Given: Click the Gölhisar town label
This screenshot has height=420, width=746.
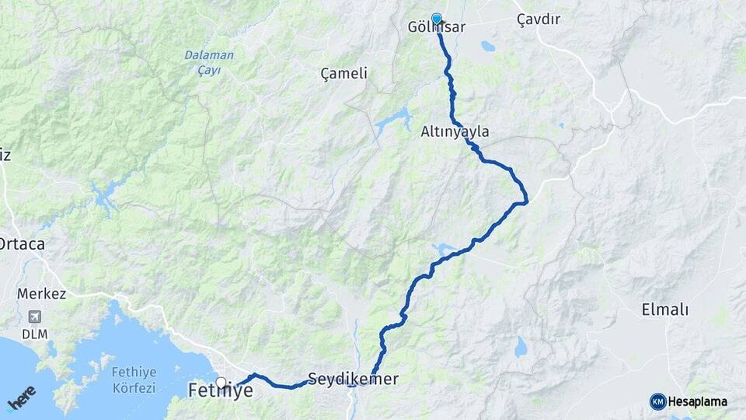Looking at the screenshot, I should (x=436, y=28).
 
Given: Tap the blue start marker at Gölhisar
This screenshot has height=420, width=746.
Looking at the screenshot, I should (x=437, y=19).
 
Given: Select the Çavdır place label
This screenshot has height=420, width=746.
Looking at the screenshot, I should (x=539, y=20).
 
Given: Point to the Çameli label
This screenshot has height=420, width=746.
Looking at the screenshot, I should (x=343, y=73).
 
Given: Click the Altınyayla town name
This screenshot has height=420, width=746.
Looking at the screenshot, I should (x=455, y=131).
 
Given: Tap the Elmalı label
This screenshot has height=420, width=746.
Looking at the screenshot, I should (x=664, y=310).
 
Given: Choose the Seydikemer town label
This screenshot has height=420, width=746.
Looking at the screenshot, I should (x=353, y=380).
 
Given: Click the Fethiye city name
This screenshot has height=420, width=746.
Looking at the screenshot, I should (x=220, y=391).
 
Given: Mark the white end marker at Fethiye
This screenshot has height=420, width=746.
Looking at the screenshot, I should (x=221, y=382).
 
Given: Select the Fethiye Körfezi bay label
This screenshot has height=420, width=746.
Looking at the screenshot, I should (x=134, y=379).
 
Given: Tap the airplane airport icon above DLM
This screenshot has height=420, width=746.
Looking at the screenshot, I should (x=33, y=317).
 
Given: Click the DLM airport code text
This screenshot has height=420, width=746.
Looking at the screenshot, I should (x=33, y=333).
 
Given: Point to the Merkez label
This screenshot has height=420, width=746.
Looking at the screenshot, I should (x=41, y=294).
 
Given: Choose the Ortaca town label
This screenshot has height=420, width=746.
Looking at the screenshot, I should (x=21, y=244).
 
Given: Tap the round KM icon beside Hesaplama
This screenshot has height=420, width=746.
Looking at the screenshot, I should (x=657, y=401).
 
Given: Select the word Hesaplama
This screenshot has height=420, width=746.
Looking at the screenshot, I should (x=698, y=401).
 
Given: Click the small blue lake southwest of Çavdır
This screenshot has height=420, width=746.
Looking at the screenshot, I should (x=487, y=46).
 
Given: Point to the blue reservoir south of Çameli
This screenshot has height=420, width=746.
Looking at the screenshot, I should (x=395, y=120).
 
